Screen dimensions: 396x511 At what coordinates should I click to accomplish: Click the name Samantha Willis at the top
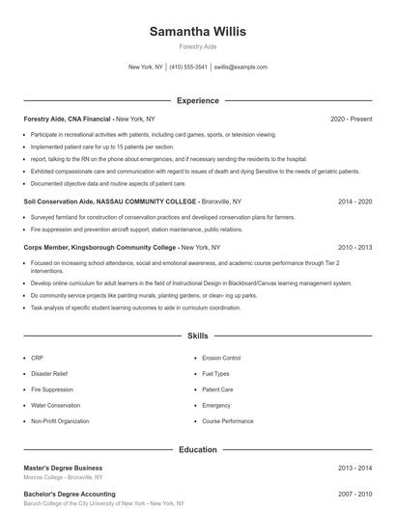(x=198, y=32)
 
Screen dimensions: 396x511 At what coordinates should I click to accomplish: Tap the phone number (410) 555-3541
(x=188, y=67)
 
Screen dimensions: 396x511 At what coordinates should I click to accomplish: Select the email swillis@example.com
(x=240, y=67)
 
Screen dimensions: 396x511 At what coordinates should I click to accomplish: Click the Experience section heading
(x=198, y=100)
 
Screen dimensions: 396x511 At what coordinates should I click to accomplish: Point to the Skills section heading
(x=198, y=336)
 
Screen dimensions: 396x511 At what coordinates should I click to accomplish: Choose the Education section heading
(x=198, y=449)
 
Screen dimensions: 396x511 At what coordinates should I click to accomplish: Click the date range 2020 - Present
(x=351, y=119)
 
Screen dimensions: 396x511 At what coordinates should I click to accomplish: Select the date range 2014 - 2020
(x=354, y=202)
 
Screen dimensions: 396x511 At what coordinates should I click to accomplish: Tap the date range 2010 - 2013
(x=354, y=248)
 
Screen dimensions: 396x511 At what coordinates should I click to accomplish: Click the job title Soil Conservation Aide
(x=61, y=202)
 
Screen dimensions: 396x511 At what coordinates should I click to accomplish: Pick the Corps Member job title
(x=48, y=248)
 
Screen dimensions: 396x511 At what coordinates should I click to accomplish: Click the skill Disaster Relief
(x=49, y=374)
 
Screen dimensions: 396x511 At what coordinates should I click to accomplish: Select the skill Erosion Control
(x=221, y=358)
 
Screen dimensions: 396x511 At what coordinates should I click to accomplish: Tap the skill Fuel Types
(x=216, y=374)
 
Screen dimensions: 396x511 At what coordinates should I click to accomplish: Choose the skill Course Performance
(x=228, y=421)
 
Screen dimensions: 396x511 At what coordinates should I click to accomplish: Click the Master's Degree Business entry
(x=63, y=468)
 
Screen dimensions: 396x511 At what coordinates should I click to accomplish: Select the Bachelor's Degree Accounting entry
(x=70, y=494)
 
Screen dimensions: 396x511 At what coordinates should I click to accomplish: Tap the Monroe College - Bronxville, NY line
(x=63, y=477)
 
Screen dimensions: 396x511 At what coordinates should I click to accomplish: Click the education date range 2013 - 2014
(x=354, y=468)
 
